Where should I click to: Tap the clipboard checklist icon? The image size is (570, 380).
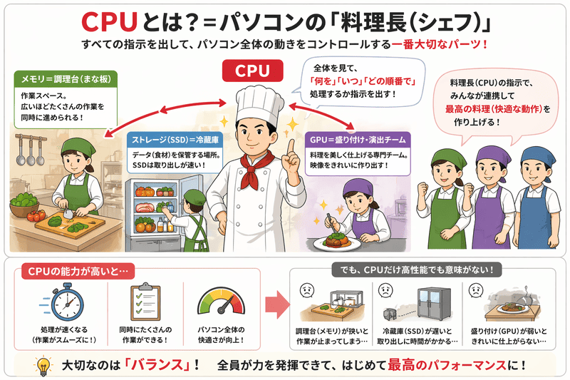[x=143, y=302]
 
